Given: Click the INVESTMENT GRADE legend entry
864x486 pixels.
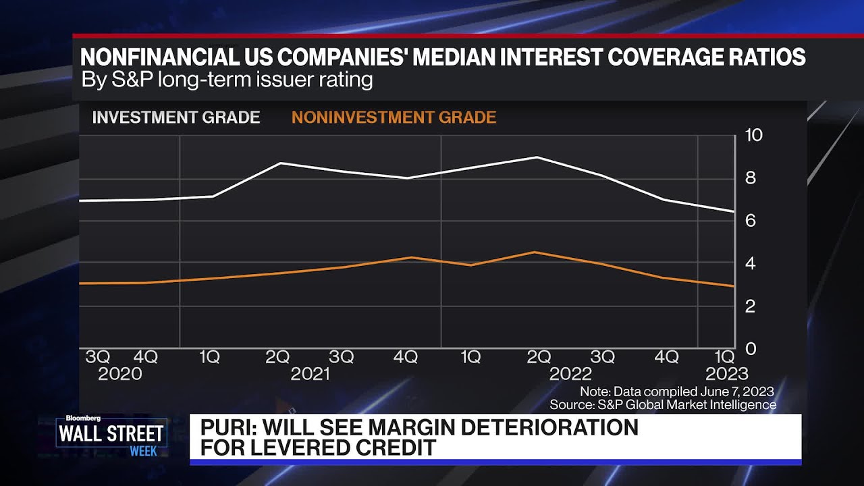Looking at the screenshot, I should point(175,117).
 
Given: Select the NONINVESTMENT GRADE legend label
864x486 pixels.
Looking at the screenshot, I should point(394,117).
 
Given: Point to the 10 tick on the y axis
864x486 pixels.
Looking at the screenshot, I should point(753,135).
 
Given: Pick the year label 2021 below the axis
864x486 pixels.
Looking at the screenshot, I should point(310,374).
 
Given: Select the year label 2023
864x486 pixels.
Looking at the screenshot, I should point(726,374).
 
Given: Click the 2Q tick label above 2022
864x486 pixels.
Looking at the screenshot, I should point(539,357).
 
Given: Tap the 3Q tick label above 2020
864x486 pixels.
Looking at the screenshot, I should point(98,357).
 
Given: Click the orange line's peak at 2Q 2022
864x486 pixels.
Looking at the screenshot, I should point(535,252).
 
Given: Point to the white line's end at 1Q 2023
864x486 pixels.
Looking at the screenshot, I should point(733,211).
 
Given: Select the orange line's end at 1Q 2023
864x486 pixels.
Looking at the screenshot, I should point(733,286).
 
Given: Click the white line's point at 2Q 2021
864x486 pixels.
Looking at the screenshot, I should point(279,163).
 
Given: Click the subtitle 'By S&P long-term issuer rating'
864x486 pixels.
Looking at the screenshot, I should point(227,80).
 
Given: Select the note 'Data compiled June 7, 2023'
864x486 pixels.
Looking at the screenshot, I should point(676,391).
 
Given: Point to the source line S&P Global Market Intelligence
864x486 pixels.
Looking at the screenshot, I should point(663,405).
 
